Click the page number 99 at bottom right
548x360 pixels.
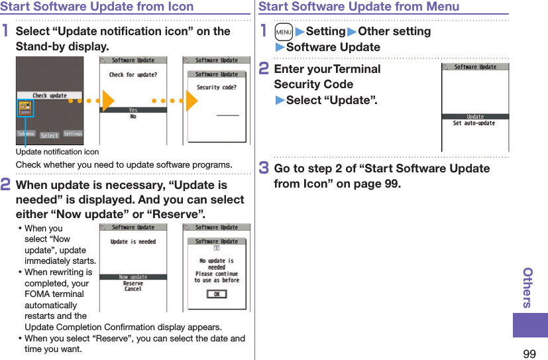coord(529,353)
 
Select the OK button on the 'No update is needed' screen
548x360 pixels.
coord(216,294)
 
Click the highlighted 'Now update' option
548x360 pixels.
coord(133,277)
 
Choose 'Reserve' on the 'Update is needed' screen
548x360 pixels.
coord(133,283)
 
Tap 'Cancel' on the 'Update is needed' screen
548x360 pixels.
coord(133,289)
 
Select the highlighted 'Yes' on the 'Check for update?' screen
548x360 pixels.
coord(133,111)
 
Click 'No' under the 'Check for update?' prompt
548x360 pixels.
coord(133,117)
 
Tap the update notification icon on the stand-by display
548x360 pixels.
coord(25,109)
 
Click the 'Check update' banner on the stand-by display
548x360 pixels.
coord(50,95)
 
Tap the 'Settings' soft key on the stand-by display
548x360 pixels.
coord(72,134)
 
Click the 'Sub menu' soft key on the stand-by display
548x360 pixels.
coord(26,134)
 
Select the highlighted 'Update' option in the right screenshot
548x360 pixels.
coord(475,117)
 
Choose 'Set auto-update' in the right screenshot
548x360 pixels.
coord(474,123)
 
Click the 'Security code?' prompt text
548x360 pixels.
coord(217,88)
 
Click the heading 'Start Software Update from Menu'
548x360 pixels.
coord(358,7)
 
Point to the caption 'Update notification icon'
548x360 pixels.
coord(57,152)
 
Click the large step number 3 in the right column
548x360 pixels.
coord(263,168)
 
